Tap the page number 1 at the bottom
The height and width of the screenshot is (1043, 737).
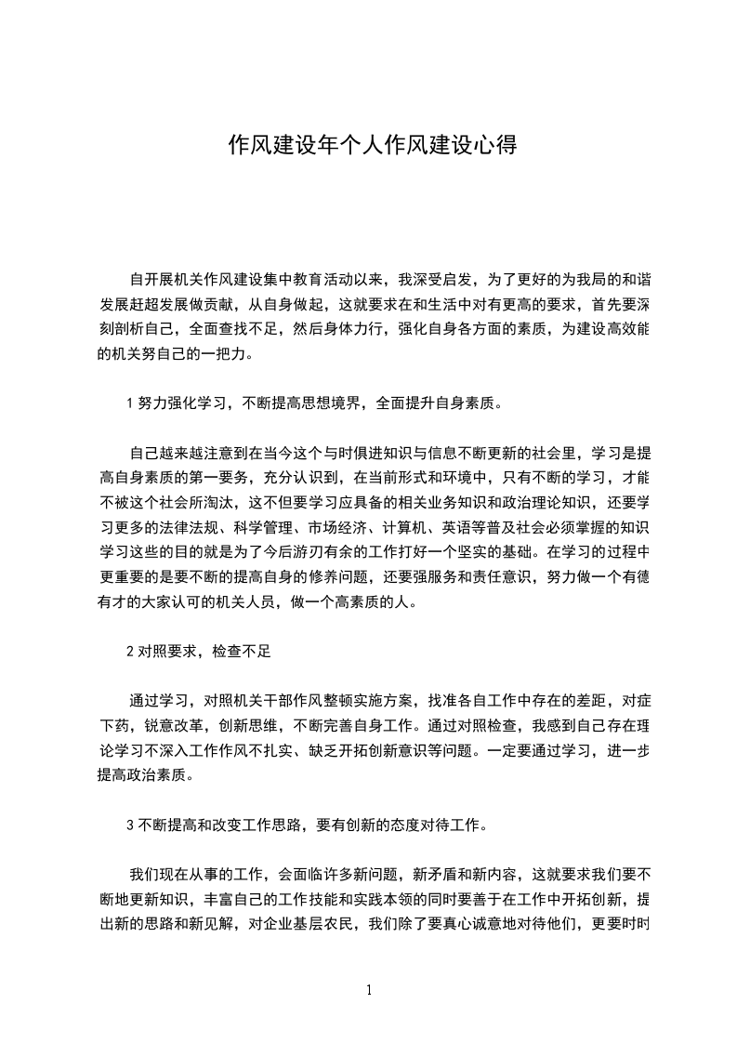tap(369, 990)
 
